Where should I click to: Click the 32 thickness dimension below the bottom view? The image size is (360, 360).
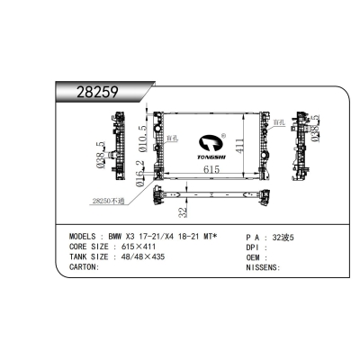182,213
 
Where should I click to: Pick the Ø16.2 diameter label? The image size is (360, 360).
140,170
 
